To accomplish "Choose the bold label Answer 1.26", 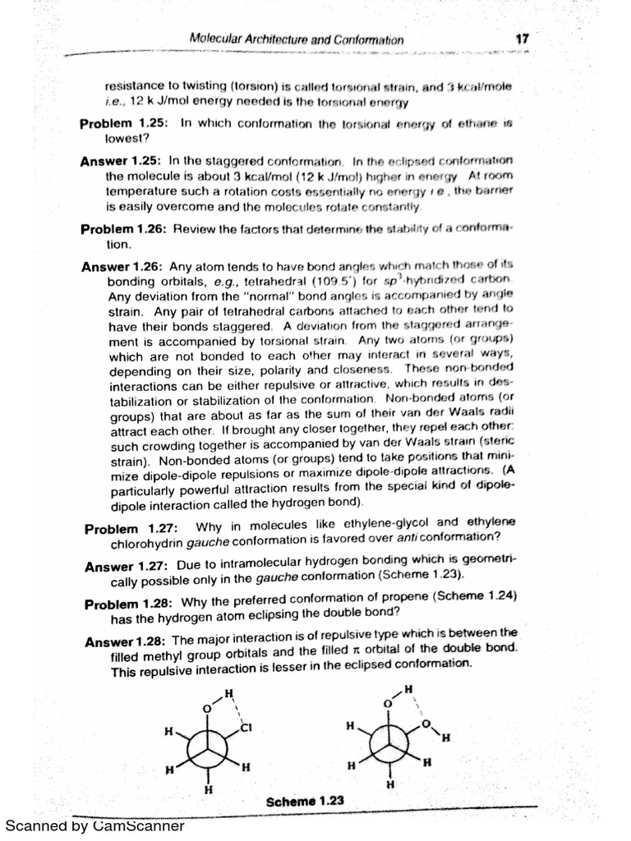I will click(122, 268).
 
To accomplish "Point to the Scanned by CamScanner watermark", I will click(95, 826).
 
